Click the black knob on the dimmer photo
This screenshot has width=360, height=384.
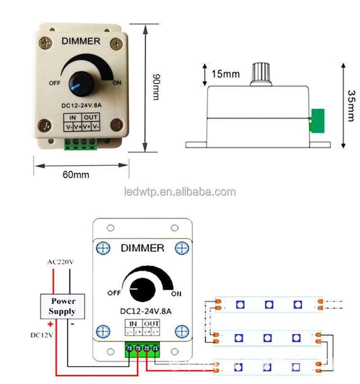tap(80, 85)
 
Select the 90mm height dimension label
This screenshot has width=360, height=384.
tap(156, 87)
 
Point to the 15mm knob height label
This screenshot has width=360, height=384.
tap(225, 73)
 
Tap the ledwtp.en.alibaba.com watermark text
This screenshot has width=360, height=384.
tap(179, 192)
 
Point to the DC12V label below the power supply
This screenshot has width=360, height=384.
tap(42, 334)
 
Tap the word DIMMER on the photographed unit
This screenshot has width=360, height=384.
tap(81, 41)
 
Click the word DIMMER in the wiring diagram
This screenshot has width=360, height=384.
tap(142, 248)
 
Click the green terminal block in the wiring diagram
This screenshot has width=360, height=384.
tap(143, 349)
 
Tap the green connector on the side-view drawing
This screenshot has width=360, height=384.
tap(318, 121)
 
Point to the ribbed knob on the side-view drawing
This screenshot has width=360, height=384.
tap(259, 74)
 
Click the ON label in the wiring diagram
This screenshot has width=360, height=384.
tap(176, 294)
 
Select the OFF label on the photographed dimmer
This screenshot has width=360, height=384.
tap(55, 83)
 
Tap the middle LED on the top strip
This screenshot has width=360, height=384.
tap(269, 304)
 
